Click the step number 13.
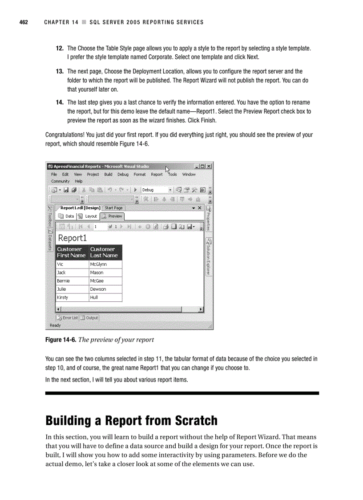coord(59,71)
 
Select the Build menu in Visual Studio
coord(108,175)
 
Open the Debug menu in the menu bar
coord(123,175)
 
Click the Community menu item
coord(60,181)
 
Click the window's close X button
coord(209,167)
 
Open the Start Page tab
coord(113,208)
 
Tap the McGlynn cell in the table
coord(98,264)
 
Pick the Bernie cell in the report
coord(64,281)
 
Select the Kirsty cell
coord(62,297)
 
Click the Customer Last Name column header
coord(104,252)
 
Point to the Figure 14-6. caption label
coord(60,340)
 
